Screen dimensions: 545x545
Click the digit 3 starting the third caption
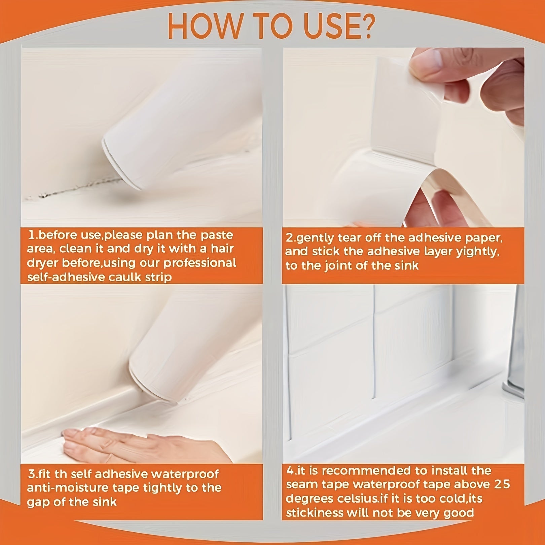point(31,474)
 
